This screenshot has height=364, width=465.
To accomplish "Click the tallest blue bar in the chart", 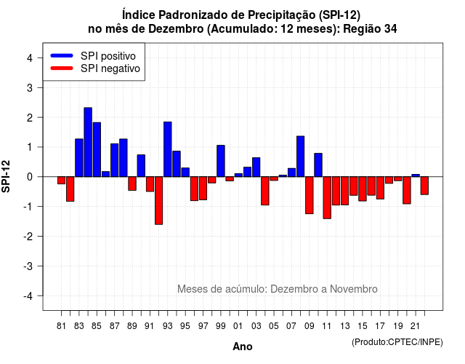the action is pyautogui.click(x=88, y=142).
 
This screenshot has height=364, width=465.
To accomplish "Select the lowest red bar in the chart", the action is pyautogui.click(x=158, y=201).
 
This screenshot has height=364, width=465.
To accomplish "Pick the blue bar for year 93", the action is pyautogui.click(x=168, y=149).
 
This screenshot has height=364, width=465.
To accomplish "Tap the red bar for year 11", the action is pyautogui.click(x=327, y=197).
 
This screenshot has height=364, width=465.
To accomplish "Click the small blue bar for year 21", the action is pyautogui.click(x=416, y=175).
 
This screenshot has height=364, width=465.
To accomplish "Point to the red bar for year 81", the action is pyautogui.click(x=61, y=181).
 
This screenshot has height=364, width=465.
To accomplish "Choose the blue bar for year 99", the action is pyautogui.click(x=221, y=161).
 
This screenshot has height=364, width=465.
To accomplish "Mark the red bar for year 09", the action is pyautogui.click(x=310, y=195).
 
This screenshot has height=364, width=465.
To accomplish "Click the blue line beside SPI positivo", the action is pyautogui.click(x=62, y=55).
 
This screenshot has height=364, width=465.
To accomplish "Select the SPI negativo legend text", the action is pyautogui.click(x=110, y=68).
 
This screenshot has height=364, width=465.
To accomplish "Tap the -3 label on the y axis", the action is pyautogui.click(x=28, y=266).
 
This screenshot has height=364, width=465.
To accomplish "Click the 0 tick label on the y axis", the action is pyautogui.click(x=30, y=177).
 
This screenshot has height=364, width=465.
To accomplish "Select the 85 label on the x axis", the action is pyautogui.click(x=97, y=326).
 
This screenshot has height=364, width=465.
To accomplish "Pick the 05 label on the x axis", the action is pyautogui.click(x=274, y=326).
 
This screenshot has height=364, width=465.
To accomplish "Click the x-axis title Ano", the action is pyautogui.click(x=243, y=347).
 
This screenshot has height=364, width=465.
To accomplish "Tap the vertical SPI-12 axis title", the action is pyautogui.click(x=6, y=176).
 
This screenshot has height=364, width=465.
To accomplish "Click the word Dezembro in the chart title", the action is pyautogui.click(x=176, y=29).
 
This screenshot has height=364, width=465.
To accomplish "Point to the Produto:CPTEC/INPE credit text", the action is pyautogui.click(x=397, y=342).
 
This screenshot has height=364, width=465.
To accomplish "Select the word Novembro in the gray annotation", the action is pyautogui.click(x=354, y=289).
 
